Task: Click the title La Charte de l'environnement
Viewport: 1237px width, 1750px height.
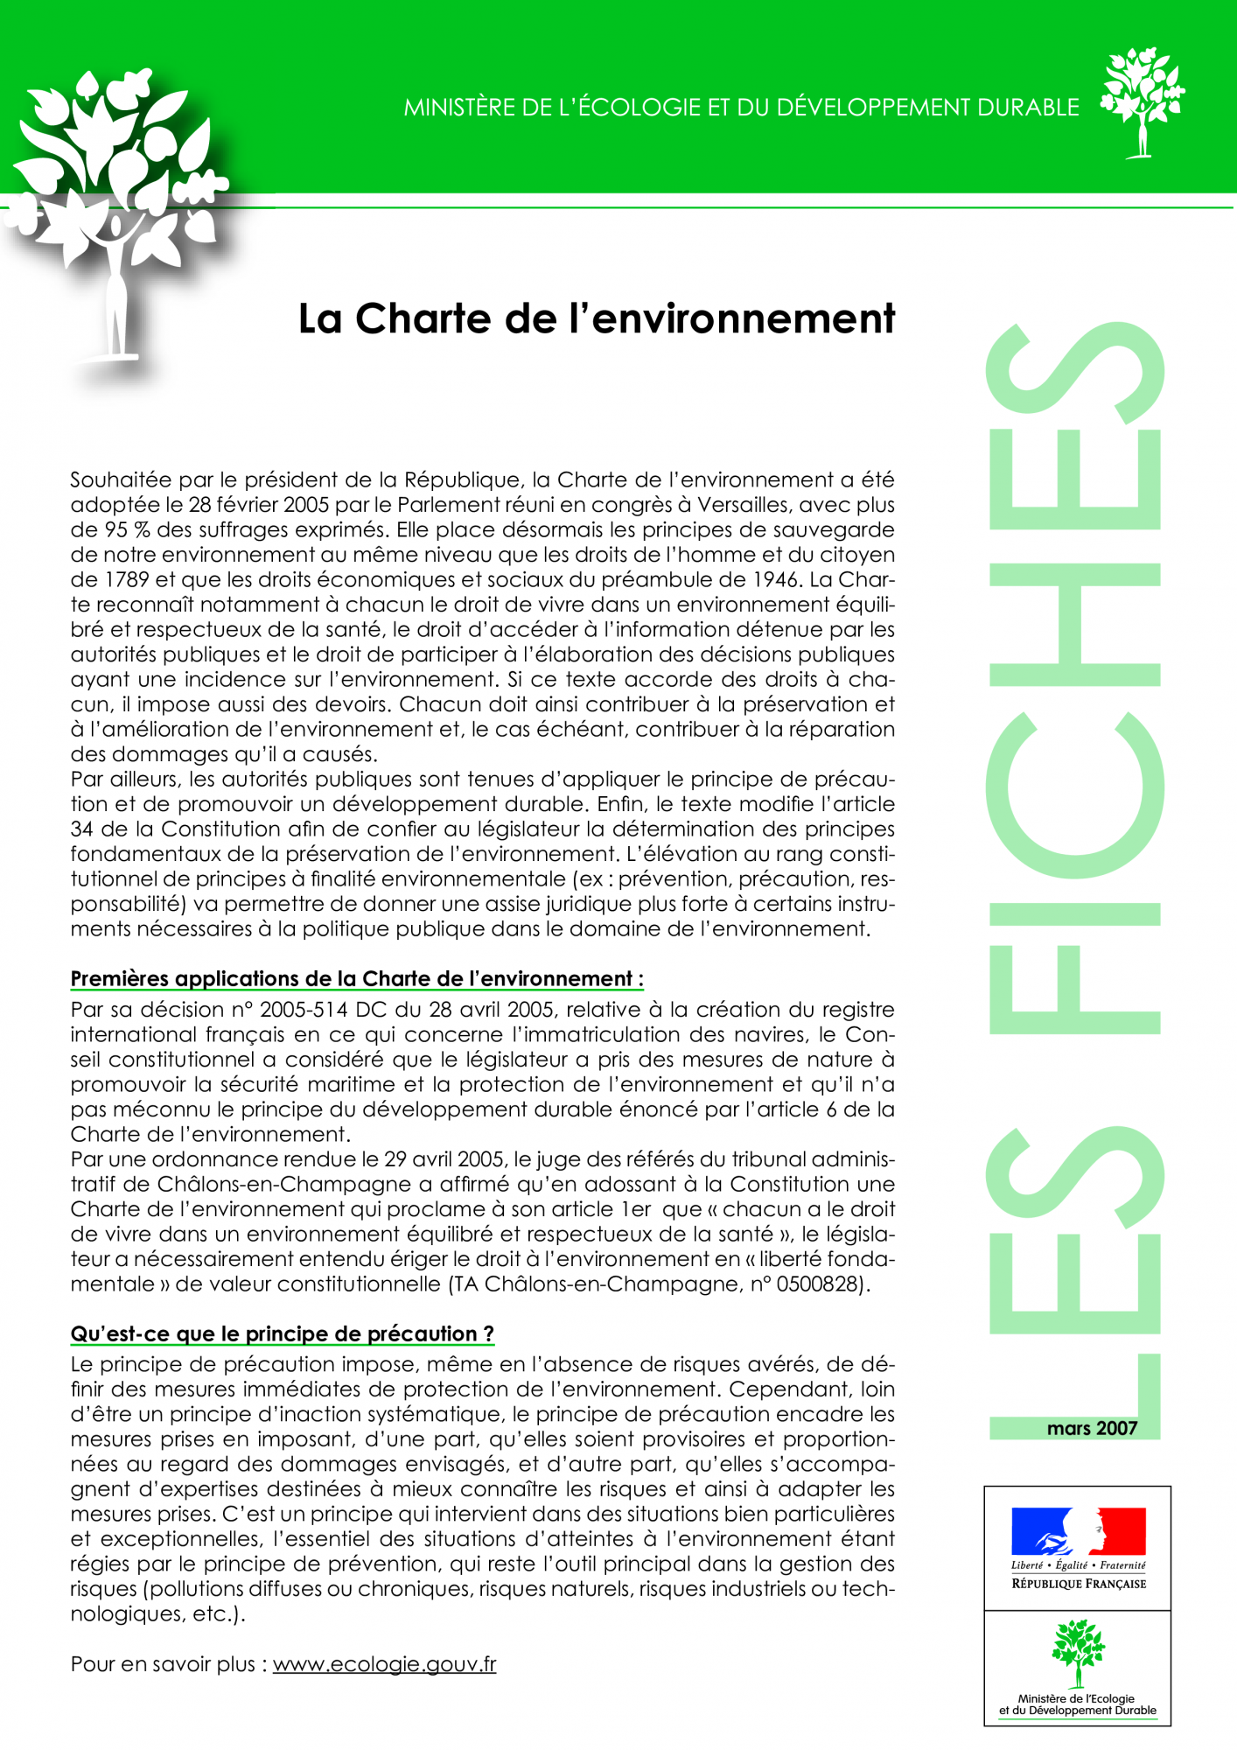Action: (x=596, y=319)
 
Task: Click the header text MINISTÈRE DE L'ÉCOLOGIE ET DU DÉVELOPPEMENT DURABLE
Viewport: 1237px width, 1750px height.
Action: (x=741, y=108)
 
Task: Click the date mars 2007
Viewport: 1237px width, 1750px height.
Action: (x=1091, y=1429)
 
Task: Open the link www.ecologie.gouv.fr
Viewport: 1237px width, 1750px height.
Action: (x=384, y=1664)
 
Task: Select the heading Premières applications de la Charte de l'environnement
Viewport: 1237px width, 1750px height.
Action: (x=356, y=979)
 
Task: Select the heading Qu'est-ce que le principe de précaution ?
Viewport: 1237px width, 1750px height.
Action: (x=282, y=1333)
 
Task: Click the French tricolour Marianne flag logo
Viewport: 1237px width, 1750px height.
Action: (x=1078, y=1530)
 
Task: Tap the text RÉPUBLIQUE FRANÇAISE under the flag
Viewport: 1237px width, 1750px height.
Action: (x=1078, y=1584)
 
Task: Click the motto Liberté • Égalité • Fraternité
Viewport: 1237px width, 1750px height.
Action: (x=1078, y=1565)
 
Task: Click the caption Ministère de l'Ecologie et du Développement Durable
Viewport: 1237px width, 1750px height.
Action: (x=1078, y=1704)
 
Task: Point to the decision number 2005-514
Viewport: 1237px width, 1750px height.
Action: (x=304, y=1010)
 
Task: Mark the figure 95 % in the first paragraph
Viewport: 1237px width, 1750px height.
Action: (x=124, y=529)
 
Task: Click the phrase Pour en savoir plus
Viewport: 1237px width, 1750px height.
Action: (x=163, y=1664)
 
